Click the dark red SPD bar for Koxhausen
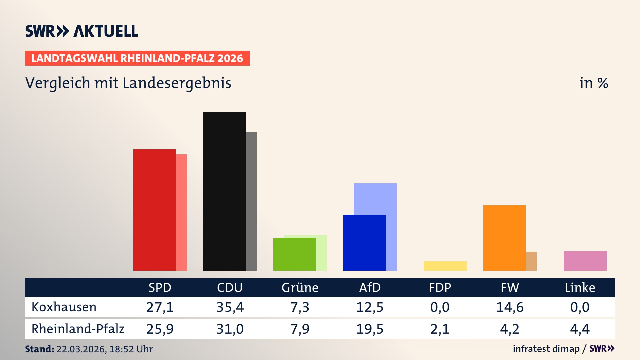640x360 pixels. [154, 210]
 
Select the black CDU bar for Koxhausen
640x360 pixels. [224, 191]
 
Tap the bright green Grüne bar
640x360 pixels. [294, 254]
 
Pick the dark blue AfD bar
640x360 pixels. [364, 243]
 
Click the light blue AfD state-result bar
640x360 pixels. [375, 198]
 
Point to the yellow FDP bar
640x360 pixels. [445, 266]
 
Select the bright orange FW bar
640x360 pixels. [504, 238]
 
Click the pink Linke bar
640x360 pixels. [585, 261]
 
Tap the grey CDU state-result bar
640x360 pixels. [251, 201]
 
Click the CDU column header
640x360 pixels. [230, 288]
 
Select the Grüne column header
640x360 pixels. [300, 288]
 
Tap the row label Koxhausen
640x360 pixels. [64, 307]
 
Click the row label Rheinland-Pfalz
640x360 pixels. [78, 329]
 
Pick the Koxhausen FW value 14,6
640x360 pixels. [510, 307]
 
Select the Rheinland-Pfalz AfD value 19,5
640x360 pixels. [370, 329]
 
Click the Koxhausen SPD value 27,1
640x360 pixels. [160, 307]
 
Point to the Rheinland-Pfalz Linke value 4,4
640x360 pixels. [580, 329]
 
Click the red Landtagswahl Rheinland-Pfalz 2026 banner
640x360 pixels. [137, 58]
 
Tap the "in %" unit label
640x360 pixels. [593, 83]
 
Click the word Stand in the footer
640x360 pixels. [39, 349]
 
